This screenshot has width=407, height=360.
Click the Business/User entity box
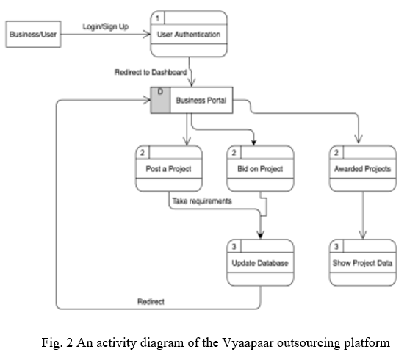click(x=34, y=35)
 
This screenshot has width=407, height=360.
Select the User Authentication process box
click(x=189, y=34)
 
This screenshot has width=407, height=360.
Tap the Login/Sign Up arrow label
click(x=106, y=26)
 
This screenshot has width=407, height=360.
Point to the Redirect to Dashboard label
click(x=151, y=72)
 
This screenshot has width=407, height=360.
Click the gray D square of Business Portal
click(x=160, y=100)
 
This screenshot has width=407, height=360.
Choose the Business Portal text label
click(x=201, y=100)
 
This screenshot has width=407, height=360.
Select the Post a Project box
click(x=169, y=168)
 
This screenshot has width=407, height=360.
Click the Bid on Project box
click(x=260, y=168)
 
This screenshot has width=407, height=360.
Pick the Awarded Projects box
click(x=363, y=168)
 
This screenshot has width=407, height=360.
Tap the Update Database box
click(x=260, y=262)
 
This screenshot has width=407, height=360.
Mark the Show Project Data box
click(x=363, y=262)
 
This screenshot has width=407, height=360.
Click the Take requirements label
click(x=202, y=201)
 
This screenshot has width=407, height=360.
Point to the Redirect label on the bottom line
click(x=151, y=302)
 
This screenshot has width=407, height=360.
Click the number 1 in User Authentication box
click(x=157, y=18)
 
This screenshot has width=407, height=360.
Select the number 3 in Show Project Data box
click(x=336, y=246)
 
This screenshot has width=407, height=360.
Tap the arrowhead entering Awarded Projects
click(x=359, y=140)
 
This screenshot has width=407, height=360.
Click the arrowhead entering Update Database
click(x=260, y=234)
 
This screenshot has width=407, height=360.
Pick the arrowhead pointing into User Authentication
click(x=147, y=35)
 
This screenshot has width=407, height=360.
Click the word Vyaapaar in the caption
click(x=248, y=343)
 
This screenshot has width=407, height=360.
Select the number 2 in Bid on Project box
click(x=234, y=153)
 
